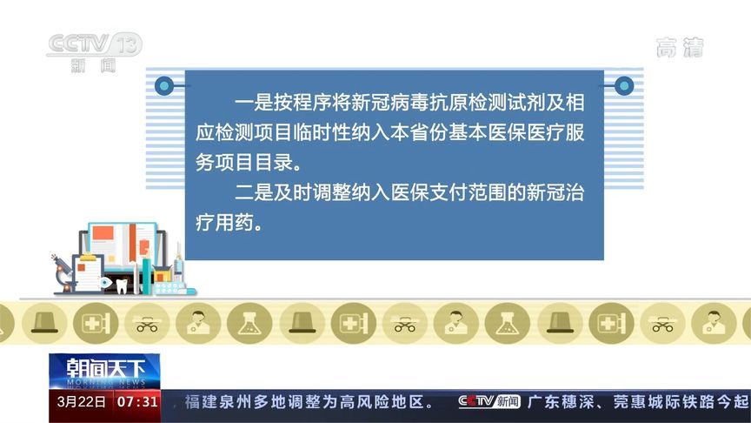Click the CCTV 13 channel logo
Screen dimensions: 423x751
94,50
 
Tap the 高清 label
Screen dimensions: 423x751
679,48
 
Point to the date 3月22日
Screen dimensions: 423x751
81,401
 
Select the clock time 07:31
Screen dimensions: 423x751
137,401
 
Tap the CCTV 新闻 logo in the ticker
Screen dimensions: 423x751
489,401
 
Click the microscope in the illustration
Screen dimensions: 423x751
63,271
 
